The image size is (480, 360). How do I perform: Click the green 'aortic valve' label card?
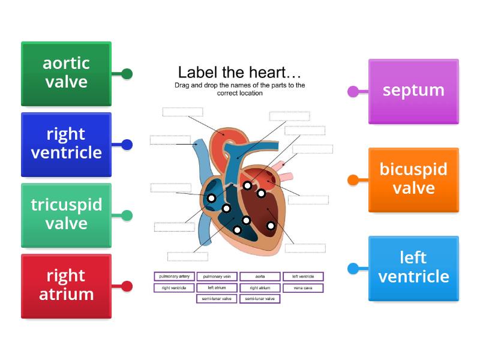click(x=66, y=73)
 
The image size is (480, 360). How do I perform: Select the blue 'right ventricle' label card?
click(x=66, y=144)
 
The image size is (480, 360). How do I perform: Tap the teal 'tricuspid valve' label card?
click(x=66, y=215)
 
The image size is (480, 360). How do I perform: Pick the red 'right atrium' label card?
click(x=66, y=286)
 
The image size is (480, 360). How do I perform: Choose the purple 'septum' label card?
click(x=413, y=91)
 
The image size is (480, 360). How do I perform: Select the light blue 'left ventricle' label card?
click(x=413, y=268)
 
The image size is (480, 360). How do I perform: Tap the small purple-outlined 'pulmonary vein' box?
click(x=217, y=277)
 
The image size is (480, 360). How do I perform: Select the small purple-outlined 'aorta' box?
click(x=260, y=277)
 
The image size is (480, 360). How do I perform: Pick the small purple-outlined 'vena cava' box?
click(x=303, y=288)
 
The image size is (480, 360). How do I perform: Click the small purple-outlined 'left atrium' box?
click(x=217, y=288)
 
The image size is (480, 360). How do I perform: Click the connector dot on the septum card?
click(x=353, y=91)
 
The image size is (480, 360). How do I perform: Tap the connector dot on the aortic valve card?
click(x=127, y=74)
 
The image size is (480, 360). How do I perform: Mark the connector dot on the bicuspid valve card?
click(x=353, y=179)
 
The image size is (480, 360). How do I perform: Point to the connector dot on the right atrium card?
click(x=127, y=286)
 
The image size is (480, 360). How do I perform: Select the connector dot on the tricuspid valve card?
click(x=127, y=215)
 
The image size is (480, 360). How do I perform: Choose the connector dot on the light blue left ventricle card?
click(x=353, y=268)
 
